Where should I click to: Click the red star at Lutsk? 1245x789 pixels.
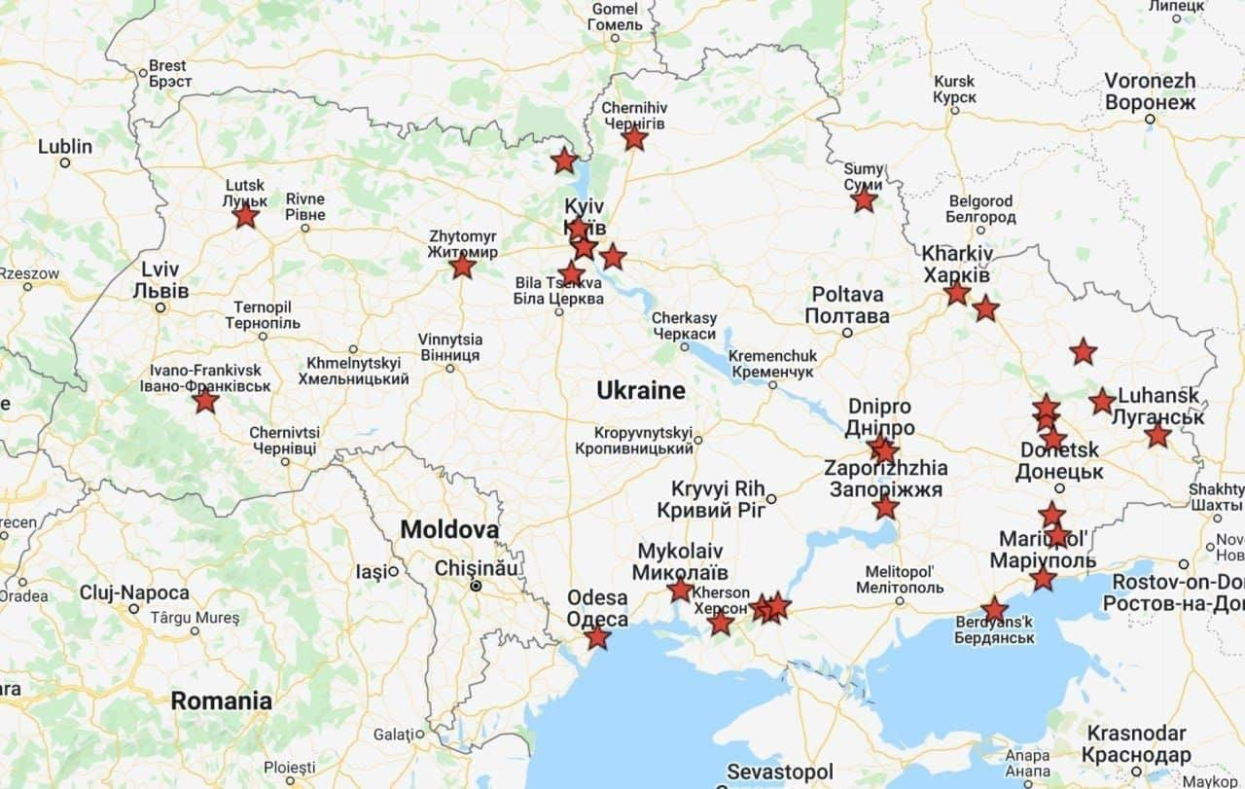pyautogui.click(x=245, y=215)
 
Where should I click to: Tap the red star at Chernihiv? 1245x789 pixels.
pyautogui.click(x=634, y=138)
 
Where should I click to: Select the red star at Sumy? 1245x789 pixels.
pyautogui.click(x=864, y=200)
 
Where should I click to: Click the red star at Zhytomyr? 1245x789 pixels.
pyautogui.click(x=463, y=265)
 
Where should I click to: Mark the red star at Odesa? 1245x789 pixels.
pyautogui.click(x=597, y=637)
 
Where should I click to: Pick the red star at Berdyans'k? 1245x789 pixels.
pyautogui.click(x=994, y=610)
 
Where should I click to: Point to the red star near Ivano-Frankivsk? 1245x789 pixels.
pyautogui.click(x=205, y=400)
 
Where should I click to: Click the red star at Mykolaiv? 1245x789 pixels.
pyautogui.click(x=681, y=590)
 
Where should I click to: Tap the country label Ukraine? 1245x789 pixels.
pyautogui.click(x=641, y=391)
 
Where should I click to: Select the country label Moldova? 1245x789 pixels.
pyautogui.click(x=449, y=530)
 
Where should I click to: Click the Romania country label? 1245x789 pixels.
pyautogui.click(x=221, y=700)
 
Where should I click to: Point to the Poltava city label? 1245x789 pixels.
pyautogui.click(x=847, y=305)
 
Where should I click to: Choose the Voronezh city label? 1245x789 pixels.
pyautogui.click(x=1150, y=91)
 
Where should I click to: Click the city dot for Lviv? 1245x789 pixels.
pyautogui.click(x=160, y=307)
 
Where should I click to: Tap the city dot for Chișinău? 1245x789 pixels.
pyautogui.click(x=476, y=586)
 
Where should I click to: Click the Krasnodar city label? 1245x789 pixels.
pyautogui.click(x=1136, y=744)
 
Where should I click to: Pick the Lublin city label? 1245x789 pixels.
pyautogui.click(x=65, y=147)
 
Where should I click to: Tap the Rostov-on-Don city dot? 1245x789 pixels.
pyautogui.click(x=1184, y=564)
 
